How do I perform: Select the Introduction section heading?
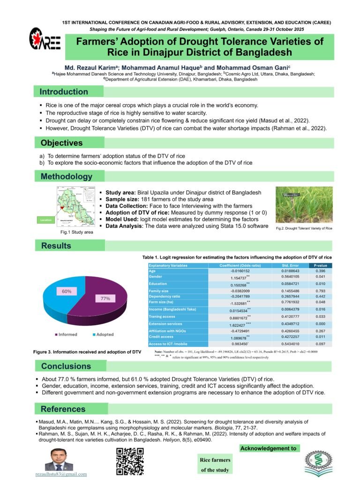[64, 92]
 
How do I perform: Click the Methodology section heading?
[66, 177]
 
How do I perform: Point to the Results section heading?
[56, 246]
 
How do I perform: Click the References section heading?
[63, 409]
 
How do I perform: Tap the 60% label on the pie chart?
[67, 291]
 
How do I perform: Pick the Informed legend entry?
[67, 335]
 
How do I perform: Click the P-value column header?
[320, 265]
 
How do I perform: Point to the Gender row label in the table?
[156, 277]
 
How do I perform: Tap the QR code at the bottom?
[130, 462]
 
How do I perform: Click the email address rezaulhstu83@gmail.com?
[61, 474]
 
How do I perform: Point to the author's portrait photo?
[59, 459]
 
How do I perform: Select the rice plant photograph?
[304, 205]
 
